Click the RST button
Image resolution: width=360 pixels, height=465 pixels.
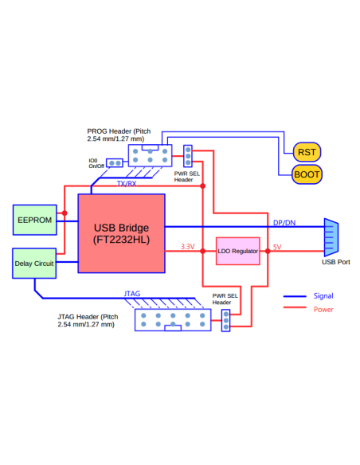tap(307, 152)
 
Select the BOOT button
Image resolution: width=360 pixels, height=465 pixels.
tap(307, 174)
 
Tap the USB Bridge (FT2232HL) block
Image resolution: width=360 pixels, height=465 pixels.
tap(121, 232)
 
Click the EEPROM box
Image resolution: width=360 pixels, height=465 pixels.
tap(35, 220)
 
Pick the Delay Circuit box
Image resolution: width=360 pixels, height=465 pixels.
tap(35, 263)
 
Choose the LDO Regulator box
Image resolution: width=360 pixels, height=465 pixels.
tap(238, 251)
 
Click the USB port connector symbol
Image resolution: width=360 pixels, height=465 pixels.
tap(331, 236)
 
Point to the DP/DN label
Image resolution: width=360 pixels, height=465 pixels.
tap(284, 222)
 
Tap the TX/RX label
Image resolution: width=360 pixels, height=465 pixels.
tap(126, 184)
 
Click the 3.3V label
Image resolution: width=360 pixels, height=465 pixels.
tap(187, 247)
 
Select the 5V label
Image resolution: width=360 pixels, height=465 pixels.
tap(276, 247)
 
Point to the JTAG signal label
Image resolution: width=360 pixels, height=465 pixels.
tap(132, 294)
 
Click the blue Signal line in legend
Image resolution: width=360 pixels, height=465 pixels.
tap(295, 296)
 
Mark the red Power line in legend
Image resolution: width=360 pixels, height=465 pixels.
tap(295, 309)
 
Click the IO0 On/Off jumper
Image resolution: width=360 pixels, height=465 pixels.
tap(115, 163)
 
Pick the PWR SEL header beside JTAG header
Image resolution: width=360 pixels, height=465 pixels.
tap(226, 320)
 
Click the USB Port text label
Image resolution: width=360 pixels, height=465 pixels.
tap(335, 261)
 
